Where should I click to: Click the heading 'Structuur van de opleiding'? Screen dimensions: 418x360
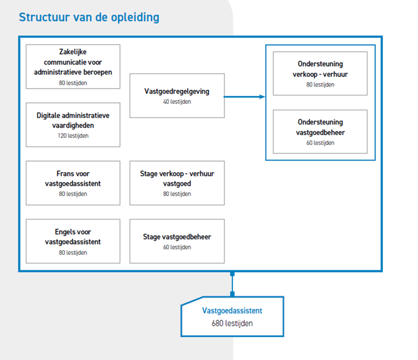89,18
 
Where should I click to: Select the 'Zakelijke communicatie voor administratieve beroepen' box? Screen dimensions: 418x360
73,67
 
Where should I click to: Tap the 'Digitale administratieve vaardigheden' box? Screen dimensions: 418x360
73,125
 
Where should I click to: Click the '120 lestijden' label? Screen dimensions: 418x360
73,135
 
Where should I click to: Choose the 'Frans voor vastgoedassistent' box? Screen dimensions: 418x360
73,183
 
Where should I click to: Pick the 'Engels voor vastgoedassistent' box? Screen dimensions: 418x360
73,241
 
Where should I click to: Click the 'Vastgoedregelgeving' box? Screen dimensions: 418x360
177,96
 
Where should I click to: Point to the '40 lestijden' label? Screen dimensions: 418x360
177,101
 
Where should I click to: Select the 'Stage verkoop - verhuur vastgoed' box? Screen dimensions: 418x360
177,183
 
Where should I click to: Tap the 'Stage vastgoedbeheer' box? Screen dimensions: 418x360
177,241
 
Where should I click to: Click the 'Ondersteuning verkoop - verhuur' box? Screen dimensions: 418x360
320,74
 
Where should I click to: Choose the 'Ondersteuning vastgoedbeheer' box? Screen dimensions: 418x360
320,132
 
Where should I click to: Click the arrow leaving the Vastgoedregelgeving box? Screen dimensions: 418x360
245,97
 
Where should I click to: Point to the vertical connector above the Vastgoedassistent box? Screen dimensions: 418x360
232,284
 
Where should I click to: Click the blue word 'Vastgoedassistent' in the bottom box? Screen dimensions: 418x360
232,311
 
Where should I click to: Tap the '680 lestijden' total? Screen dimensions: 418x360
232,323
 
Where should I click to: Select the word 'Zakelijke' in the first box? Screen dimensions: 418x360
73,52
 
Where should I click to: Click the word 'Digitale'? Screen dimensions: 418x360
48,115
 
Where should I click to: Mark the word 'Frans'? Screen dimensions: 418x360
65,174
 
